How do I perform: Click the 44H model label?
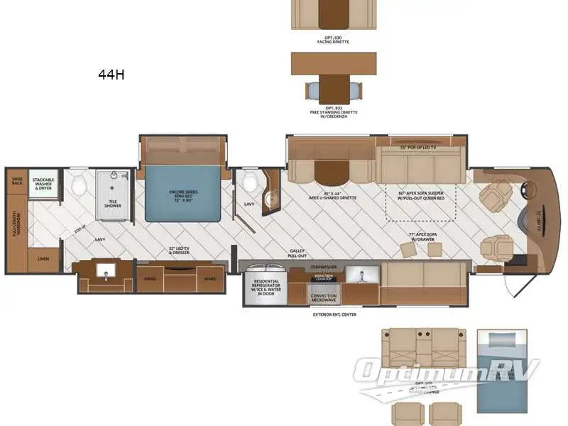(x=111, y=74)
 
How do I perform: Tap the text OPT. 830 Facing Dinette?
(x=333, y=40)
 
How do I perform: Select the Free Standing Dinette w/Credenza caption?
(x=333, y=112)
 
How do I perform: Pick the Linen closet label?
(x=43, y=261)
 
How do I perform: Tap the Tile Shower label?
(x=113, y=203)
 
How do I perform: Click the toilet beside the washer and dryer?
(x=80, y=185)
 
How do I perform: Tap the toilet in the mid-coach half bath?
(x=249, y=183)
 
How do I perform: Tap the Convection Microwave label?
(x=324, y=298)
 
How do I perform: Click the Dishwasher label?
(x=324, y=267)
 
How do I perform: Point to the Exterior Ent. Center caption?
(x=334, y=313)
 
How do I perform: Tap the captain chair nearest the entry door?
(x=495, y=247)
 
